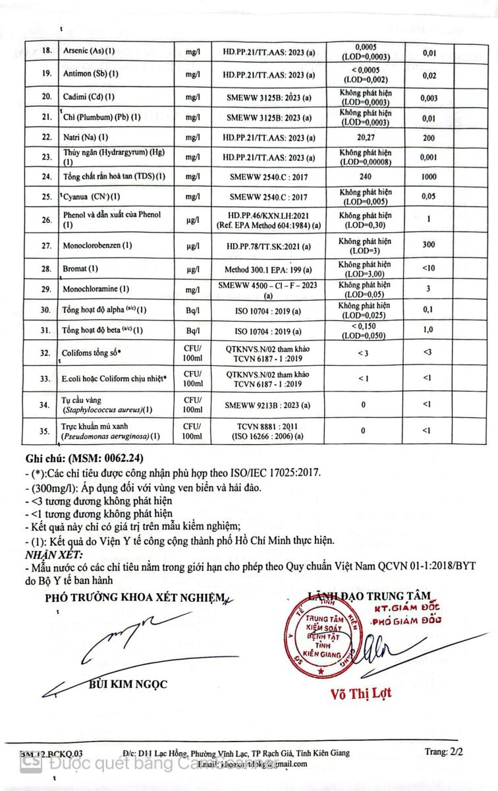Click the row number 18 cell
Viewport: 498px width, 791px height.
[x=45, y=51]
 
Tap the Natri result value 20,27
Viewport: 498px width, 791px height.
[x=365, y=138]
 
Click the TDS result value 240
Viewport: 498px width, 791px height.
[x=365, y=177]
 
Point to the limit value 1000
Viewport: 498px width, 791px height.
[x=429, y=177]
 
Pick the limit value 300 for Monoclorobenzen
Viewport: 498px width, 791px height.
[x=429, y=245]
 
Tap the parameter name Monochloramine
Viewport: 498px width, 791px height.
[x=96, y=289]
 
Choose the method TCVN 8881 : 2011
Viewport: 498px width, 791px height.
[x=268, y=426]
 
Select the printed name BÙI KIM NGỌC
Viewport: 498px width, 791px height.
[x=128, y=684]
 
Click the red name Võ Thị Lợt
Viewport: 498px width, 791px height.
[x=360, y=693]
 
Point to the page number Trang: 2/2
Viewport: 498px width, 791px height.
[x=444, y=751]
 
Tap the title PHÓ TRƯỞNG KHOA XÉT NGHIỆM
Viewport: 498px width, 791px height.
[x=135, y=599]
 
